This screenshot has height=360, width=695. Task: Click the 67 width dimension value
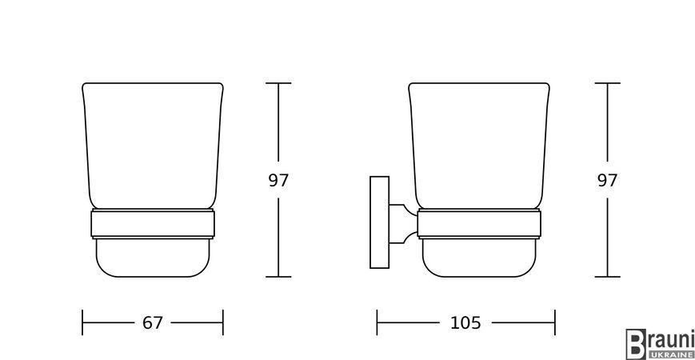click(x=153, y=322)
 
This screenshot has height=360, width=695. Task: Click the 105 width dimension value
click(x=465, y=322)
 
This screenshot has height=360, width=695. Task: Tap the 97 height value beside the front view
click(x=278, y=181)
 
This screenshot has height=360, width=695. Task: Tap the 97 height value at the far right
click(x=607, y=181)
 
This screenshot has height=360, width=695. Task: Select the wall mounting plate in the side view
click(x=379, y=222)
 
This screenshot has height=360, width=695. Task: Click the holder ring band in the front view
click(x=153, y=224)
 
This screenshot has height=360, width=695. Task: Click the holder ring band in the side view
click(x=479, y=224)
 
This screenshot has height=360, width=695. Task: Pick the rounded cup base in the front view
click(x=153, y=258)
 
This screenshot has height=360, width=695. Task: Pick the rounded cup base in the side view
click(x=479, y=258)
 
